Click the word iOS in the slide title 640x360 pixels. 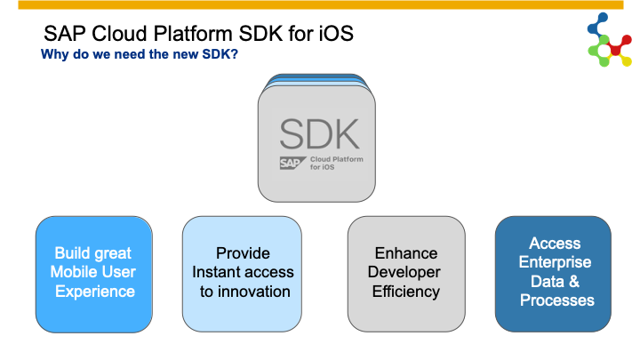pos(336,34)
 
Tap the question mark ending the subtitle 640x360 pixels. pos(234,54)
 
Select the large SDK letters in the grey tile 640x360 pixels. pos(319,134)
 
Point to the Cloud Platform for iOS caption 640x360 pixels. pos(336,163)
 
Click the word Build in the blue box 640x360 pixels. pos(70,253)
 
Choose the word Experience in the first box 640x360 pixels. pos(95,292)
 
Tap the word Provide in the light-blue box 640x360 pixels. pos(243,253)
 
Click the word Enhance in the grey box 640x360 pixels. pos(406,253)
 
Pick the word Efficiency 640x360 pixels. pos(406,292)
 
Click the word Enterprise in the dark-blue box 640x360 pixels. pos(555,262)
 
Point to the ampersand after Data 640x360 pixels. pos(573,281)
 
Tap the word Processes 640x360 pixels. pos(556,300)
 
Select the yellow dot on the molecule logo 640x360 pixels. pos(626,61)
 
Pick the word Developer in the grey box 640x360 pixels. pos(404,272)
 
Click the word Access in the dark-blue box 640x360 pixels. pos(555,244)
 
